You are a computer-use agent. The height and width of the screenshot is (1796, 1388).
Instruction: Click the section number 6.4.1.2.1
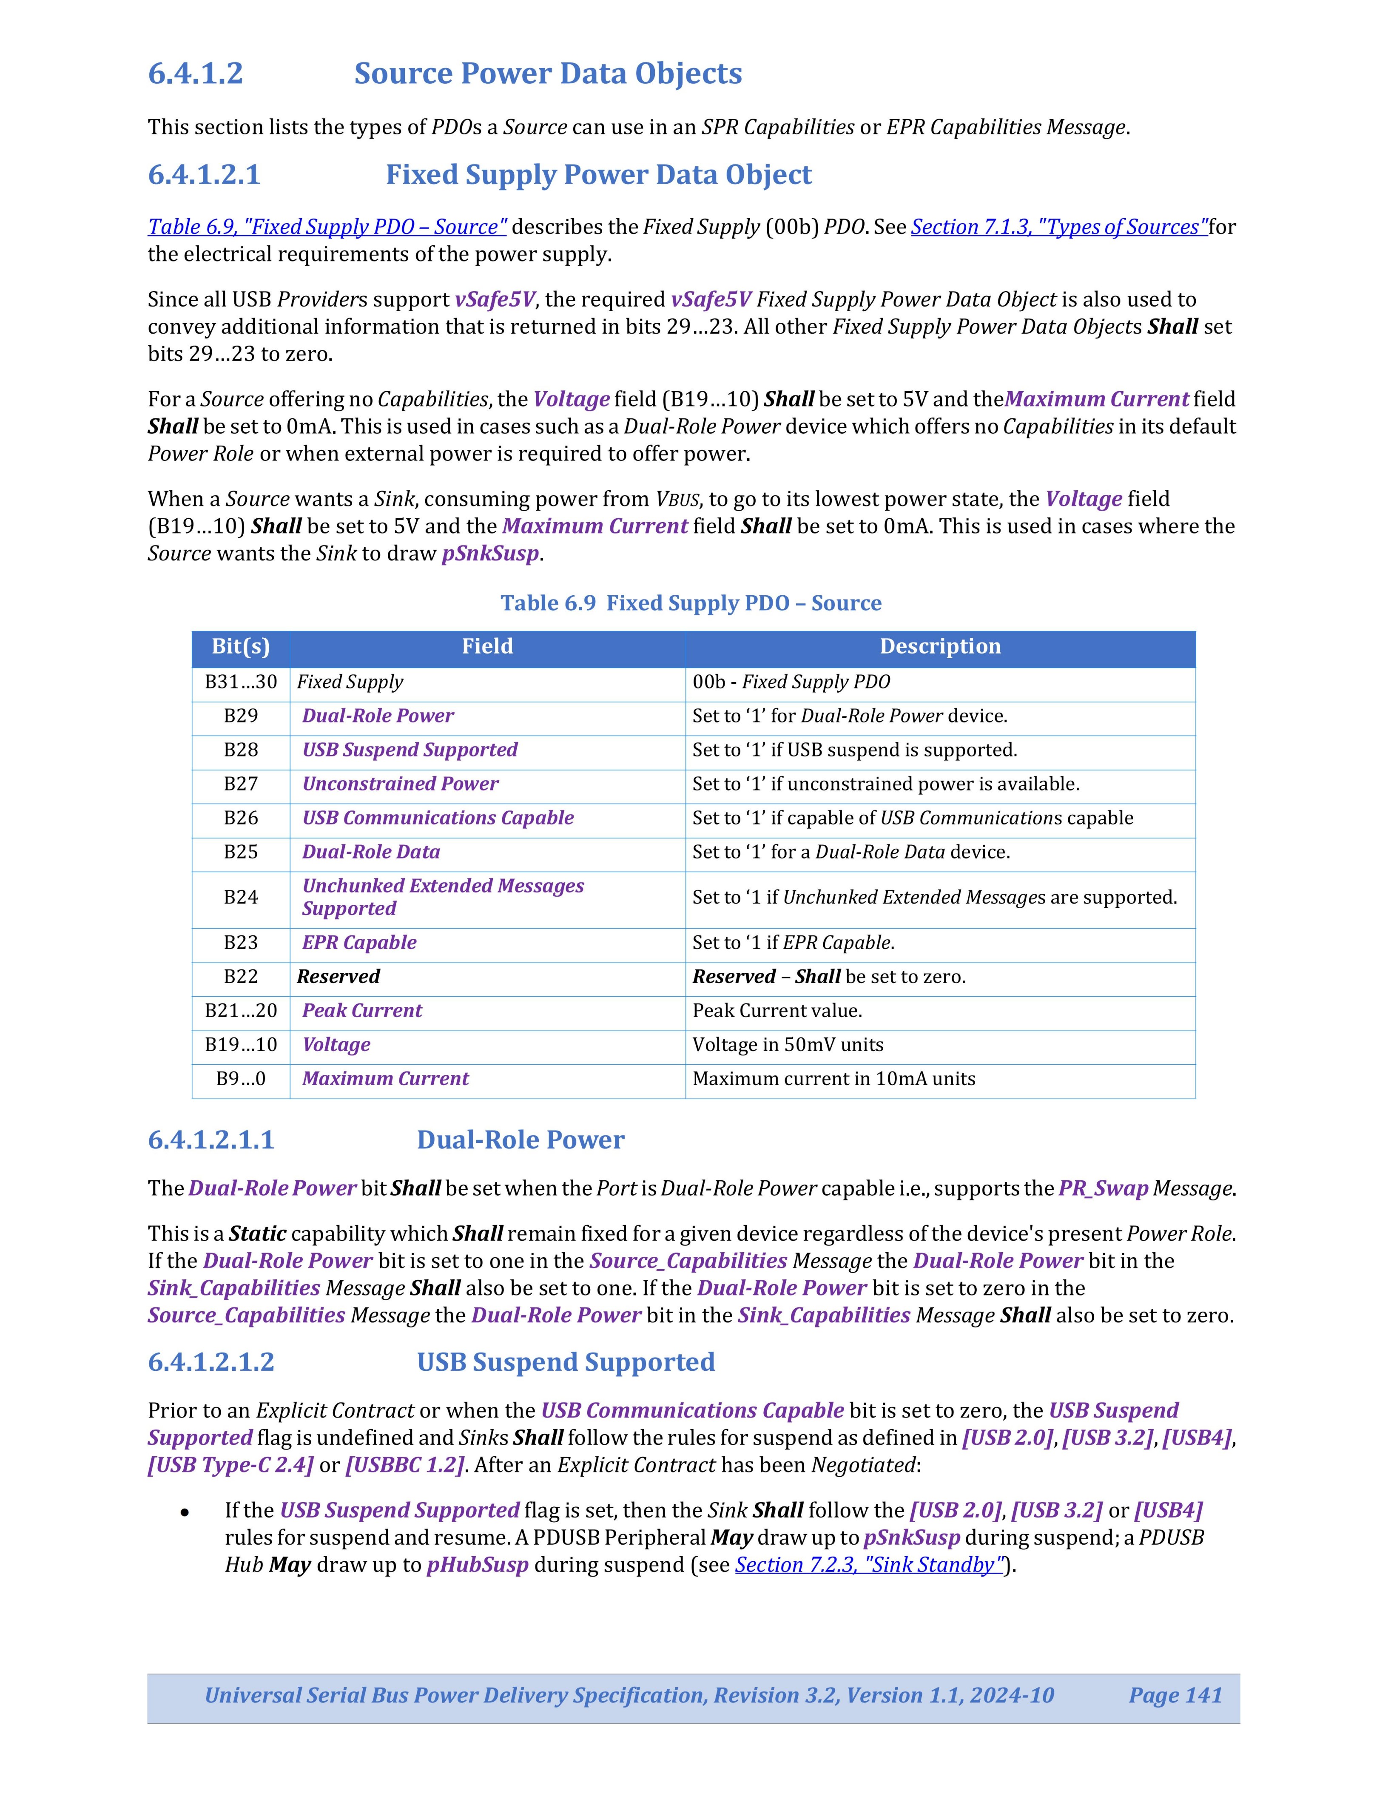click(x=204, y=175)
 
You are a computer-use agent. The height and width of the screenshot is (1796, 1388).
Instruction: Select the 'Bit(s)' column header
click(x=241, y=646)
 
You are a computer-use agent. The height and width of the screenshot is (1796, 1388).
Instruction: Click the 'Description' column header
click(x=940, y=646)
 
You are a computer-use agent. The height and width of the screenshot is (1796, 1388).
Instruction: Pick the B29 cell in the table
click(x=241, y=716)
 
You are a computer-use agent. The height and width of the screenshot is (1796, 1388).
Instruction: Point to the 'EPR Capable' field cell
click(x=359, y=943)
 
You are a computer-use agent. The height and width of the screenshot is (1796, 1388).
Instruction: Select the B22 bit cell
click(x=241, y=977)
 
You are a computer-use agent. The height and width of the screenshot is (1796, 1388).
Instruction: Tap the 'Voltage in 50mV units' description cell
click(x=788, y=1045)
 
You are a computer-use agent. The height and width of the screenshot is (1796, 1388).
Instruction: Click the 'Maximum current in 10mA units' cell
click(x=834, y=1079)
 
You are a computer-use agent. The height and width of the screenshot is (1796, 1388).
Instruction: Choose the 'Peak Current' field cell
click(x=362, y=1011)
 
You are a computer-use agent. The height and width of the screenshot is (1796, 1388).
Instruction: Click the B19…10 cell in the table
click(x=241, y=1045)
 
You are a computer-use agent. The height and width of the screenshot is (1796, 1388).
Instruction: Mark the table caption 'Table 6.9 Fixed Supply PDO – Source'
click(x=691, y=604)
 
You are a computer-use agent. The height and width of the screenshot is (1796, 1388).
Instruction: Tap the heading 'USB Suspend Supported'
click(x=566, y=1363)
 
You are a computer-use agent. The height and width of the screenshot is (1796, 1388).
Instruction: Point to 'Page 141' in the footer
click(x=1175, y=1696)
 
